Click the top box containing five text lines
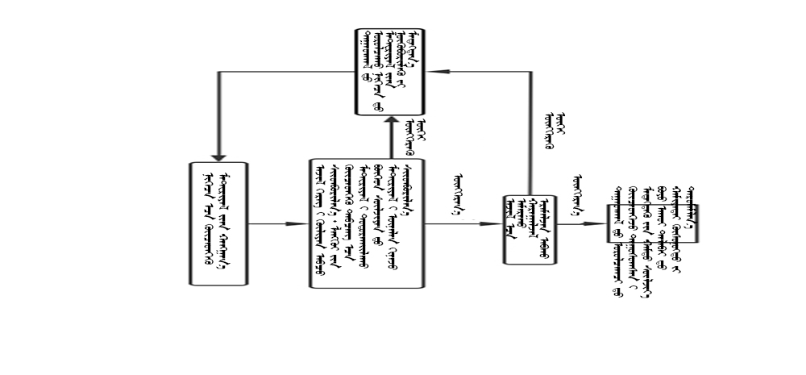tap(390, 72)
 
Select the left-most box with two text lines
tap(218, 223)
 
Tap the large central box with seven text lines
tap(366, 223)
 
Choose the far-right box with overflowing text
tap(653, 223)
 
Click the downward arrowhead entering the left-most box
tap(218, 157)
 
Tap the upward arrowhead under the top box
tap(390, 121)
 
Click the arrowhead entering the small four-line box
tap(496, 223)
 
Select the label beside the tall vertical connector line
tap(553, 133)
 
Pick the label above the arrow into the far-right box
tap(579, 190)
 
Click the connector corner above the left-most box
tap(218, 72)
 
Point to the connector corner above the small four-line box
tap(530, 72)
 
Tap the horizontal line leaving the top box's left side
tap(286, 72)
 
